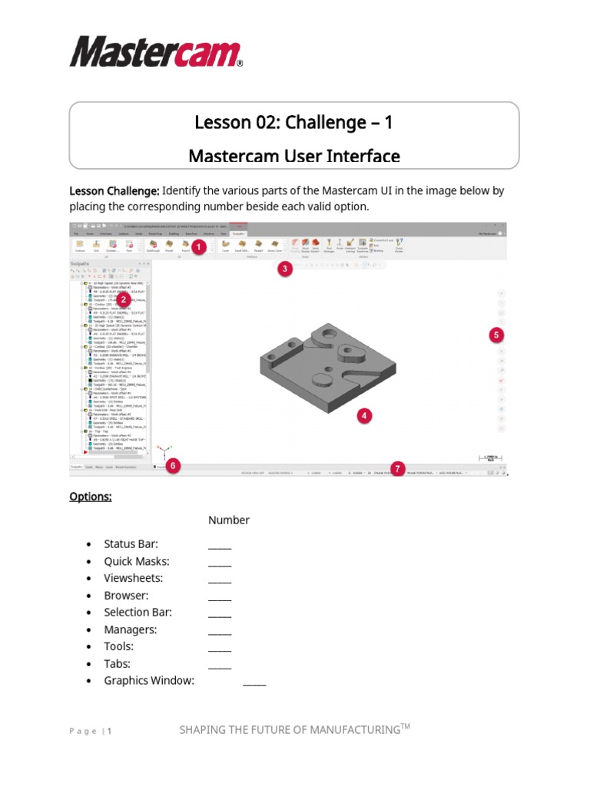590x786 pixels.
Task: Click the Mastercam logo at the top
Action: tap(156, 51)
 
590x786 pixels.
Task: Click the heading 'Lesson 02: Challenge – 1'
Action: tap(294, 123)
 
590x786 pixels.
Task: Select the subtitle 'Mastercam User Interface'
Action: tap(294, 156)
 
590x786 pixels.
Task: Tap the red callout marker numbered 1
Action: tap(197, 247)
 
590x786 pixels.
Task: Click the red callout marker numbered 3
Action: tap(285, 269)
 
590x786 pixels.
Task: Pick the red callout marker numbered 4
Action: tap(363, 415)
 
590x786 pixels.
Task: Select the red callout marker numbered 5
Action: tap(496, 335)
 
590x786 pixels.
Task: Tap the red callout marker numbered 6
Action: tap(174, 465)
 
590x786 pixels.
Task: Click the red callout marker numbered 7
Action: tap(397, 467)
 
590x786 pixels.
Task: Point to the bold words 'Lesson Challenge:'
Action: tap(114, 191)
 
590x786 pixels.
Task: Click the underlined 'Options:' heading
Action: tap(91, 497)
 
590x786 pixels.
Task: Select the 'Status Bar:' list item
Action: tap(131, 544)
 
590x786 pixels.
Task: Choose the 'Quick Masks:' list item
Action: tap(137, 561)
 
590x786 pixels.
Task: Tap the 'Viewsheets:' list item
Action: tap(134, 578)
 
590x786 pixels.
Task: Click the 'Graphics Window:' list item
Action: tap(149, 681)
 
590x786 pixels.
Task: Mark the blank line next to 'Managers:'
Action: tap(220, 632)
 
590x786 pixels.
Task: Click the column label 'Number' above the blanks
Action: tap(228, 520)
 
